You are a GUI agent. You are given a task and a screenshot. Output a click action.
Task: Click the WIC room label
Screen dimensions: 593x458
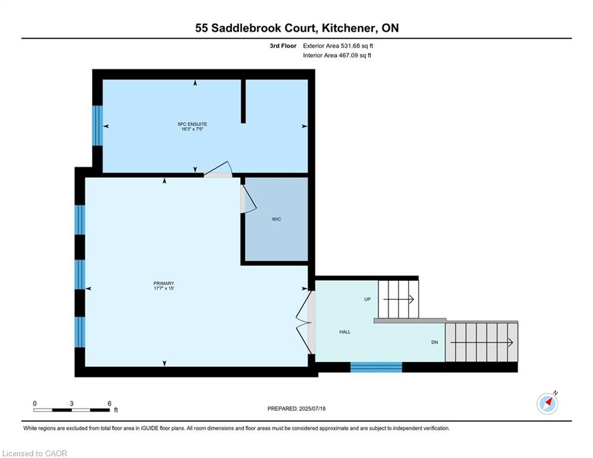pos(277,219)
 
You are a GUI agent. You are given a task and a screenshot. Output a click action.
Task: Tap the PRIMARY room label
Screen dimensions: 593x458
pos(164,283)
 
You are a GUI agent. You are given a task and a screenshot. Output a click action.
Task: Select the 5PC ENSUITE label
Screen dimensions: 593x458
pos(193,124)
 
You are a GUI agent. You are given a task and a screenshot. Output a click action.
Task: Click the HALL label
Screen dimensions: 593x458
pos(345,332)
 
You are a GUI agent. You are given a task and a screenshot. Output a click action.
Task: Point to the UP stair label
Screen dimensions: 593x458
pos(367,299)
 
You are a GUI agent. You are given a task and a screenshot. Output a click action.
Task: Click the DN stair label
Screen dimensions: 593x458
pos(434,342)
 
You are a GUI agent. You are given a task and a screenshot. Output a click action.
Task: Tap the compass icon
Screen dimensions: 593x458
pos(547,404)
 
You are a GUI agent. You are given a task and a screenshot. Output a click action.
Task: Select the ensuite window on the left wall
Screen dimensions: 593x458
pos(98,125)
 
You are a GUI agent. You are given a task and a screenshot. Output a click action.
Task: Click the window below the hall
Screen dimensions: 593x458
pos(376,367)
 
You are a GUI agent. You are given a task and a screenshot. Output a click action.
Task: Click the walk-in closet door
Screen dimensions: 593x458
pos(249,199)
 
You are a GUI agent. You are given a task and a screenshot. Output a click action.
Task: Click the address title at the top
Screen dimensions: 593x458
pos(297,28)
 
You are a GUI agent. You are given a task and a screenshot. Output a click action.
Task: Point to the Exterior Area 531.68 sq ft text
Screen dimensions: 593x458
pos(338,46)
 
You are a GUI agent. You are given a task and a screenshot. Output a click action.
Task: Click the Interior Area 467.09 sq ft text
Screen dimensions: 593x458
pos(337,55)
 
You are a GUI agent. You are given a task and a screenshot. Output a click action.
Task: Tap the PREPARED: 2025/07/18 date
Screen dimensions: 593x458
pos(297,409)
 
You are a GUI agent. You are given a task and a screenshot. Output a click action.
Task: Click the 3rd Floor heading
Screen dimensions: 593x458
pos(283,46)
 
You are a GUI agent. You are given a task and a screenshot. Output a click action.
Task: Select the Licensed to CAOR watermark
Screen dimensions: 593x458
pos(35,453)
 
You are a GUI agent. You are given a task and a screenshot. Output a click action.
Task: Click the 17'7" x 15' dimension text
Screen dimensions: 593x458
pos(164,289)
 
